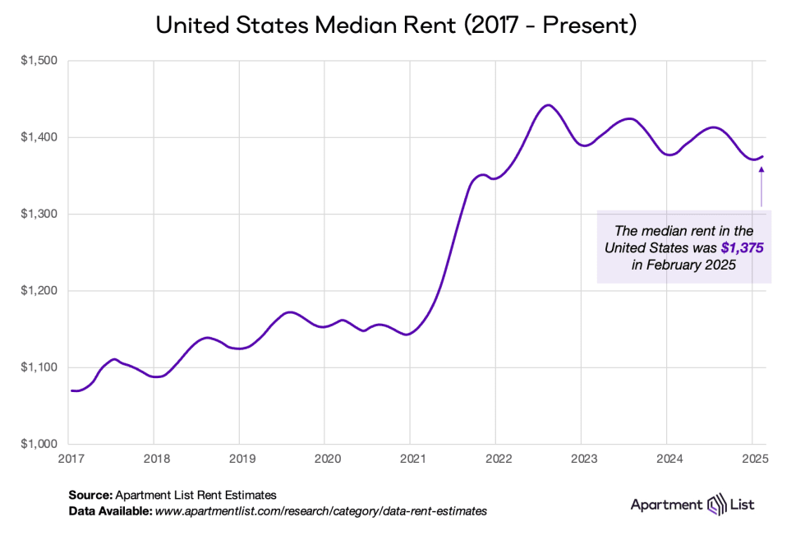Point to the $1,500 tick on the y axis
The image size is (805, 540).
pyautogui.click(x=38, y=61)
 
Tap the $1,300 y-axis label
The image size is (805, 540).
pyautogui.click(x=38, y=214)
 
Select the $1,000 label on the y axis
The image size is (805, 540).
pyautogui.click(x=38, y=444)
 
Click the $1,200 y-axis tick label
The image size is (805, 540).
pyautogui.click(x=38, y=291)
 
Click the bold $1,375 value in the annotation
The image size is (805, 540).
pyautogui.click(x=743, y=247)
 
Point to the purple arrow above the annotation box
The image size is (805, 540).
pyautogui.click(x=761, y=185)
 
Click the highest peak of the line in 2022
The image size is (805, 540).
pyautogui.click(x=549, y=105)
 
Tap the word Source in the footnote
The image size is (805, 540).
pyautogui.click(x=90, y=495)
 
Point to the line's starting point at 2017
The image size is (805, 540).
pyautogui.click(x=71, y=390)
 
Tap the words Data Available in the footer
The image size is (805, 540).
pyautogui.click(x=110, y=510)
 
